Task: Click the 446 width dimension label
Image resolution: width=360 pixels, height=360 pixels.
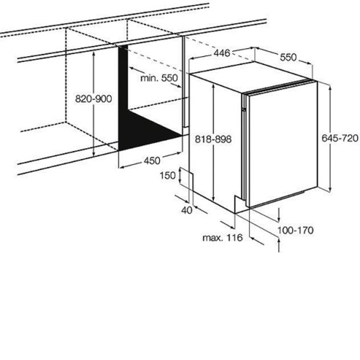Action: [x=222, y=53]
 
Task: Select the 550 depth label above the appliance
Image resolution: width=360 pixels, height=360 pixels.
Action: [x=288, y=58]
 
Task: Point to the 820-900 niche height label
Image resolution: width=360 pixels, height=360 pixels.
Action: [x=94, y=99]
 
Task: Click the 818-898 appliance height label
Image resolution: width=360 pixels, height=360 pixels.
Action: [x=213, y=139]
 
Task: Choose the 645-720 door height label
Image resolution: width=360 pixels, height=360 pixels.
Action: [x=340, y=138]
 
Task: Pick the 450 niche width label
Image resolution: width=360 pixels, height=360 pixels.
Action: [x=152, y=161]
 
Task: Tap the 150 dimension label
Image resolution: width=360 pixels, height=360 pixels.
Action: [x=168, y=176]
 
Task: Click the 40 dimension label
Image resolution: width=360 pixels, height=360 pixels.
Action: [x=186, y=210]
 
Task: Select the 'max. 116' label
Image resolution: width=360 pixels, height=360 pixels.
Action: [x=222, y=238]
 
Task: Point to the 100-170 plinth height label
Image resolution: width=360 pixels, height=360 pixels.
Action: [x=295, y=230]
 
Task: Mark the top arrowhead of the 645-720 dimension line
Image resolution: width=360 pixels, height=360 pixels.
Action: [x=330, y=88]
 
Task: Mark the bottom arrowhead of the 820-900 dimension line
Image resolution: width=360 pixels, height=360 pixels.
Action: [x=94, y=153]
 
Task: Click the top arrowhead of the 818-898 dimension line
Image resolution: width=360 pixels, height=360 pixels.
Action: [x=213, y=86]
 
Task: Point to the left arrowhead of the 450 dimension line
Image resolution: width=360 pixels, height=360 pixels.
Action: [x=122, y=167]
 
